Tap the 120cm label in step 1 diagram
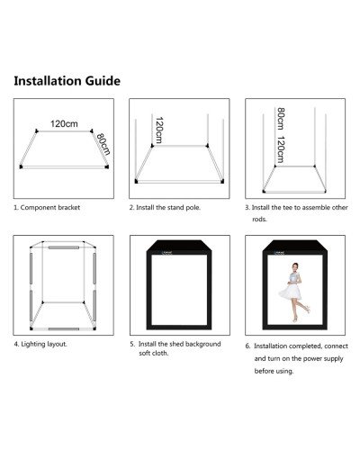(63, 124)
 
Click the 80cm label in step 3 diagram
(280, 118)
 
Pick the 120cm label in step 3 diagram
(280, 149)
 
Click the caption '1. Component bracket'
(47, 207)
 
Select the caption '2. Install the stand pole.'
(165, 207)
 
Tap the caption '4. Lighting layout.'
(40, 343)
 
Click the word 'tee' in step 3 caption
(296, 207)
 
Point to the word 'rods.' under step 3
(260, 219)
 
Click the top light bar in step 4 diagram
(62, 246)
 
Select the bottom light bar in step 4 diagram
(62, 328)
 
